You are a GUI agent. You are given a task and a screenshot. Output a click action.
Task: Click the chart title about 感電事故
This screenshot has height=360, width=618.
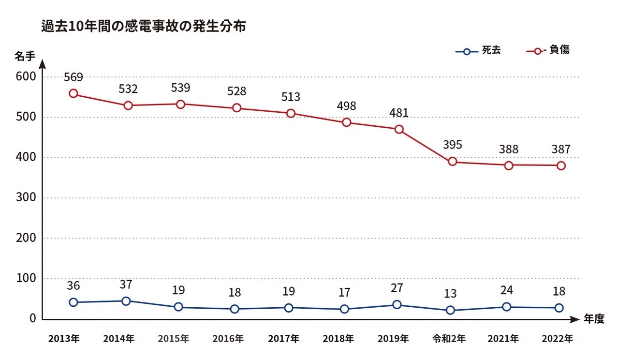pos(144,27)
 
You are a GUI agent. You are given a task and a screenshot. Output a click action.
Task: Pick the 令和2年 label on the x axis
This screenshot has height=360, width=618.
pos(450,339)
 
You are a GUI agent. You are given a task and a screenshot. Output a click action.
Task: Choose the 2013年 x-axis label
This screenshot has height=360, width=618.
pos(64,339)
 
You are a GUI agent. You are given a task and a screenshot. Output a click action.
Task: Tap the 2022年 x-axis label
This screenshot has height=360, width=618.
pos(557,339)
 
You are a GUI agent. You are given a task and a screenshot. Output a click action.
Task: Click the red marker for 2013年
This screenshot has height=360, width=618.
pos(74,93)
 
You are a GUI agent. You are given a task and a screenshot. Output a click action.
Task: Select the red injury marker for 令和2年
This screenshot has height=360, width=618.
pos(453,162)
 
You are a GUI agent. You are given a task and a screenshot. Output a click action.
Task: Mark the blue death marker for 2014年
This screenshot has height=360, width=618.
pos(126,301)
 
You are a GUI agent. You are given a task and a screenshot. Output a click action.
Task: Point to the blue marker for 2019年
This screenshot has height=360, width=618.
pos(397,305)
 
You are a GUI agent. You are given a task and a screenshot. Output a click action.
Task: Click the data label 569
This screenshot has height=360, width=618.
pos(74,77)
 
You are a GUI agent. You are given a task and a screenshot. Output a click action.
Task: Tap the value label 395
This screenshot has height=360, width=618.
pos(453,145)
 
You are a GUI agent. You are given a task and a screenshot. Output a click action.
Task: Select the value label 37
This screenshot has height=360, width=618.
pos(126,285)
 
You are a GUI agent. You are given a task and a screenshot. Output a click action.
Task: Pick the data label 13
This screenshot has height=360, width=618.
pos(450,294)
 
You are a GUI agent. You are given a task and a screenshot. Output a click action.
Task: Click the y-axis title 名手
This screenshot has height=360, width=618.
pos(25,57)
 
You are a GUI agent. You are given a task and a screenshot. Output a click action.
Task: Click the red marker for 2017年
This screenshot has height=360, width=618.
pos(291,113)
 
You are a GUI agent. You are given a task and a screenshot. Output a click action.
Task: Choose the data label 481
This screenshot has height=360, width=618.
pos(399,113)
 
